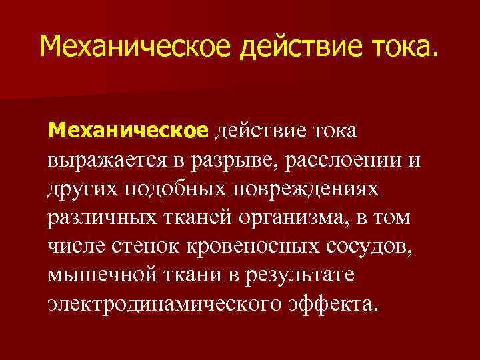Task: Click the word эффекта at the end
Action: pyautogui.click(x=334, y=304)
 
